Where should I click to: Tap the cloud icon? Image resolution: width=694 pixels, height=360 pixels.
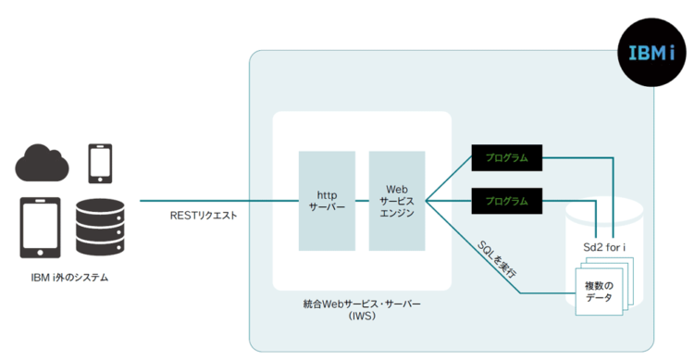(43, 163)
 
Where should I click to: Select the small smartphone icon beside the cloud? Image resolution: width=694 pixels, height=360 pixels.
(99, 163)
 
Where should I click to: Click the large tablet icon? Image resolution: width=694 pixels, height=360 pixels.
(40, 228)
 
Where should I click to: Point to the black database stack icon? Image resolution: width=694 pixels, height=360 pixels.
(99, 228)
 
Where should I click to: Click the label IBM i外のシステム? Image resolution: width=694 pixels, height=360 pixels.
(69, 277)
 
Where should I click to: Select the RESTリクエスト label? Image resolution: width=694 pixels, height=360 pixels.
(204, 216)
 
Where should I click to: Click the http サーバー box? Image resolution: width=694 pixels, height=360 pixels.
(328, 201)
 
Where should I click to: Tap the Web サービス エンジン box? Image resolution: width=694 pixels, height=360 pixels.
(396, 201)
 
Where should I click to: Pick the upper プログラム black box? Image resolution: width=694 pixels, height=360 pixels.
(506, 158)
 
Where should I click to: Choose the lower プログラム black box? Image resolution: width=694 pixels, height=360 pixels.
(506, 201)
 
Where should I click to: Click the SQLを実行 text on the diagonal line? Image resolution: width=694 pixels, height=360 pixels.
(497, 259)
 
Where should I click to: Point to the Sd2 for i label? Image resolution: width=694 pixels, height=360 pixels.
(599, 248)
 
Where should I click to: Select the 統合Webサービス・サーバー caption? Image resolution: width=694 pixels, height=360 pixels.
(361, 304)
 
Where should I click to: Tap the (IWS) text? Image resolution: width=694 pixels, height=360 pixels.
(361, 317)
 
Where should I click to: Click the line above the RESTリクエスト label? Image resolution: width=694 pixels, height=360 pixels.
(204, 201)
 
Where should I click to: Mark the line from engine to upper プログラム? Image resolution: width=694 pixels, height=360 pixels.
(449, 180)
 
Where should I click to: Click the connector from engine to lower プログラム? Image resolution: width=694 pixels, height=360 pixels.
(449, 201)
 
